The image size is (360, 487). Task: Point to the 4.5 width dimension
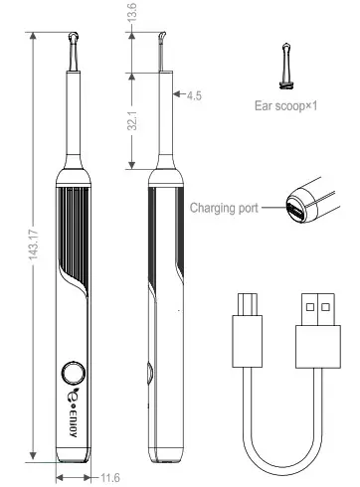193,96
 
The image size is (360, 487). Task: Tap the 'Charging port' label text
224,209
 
